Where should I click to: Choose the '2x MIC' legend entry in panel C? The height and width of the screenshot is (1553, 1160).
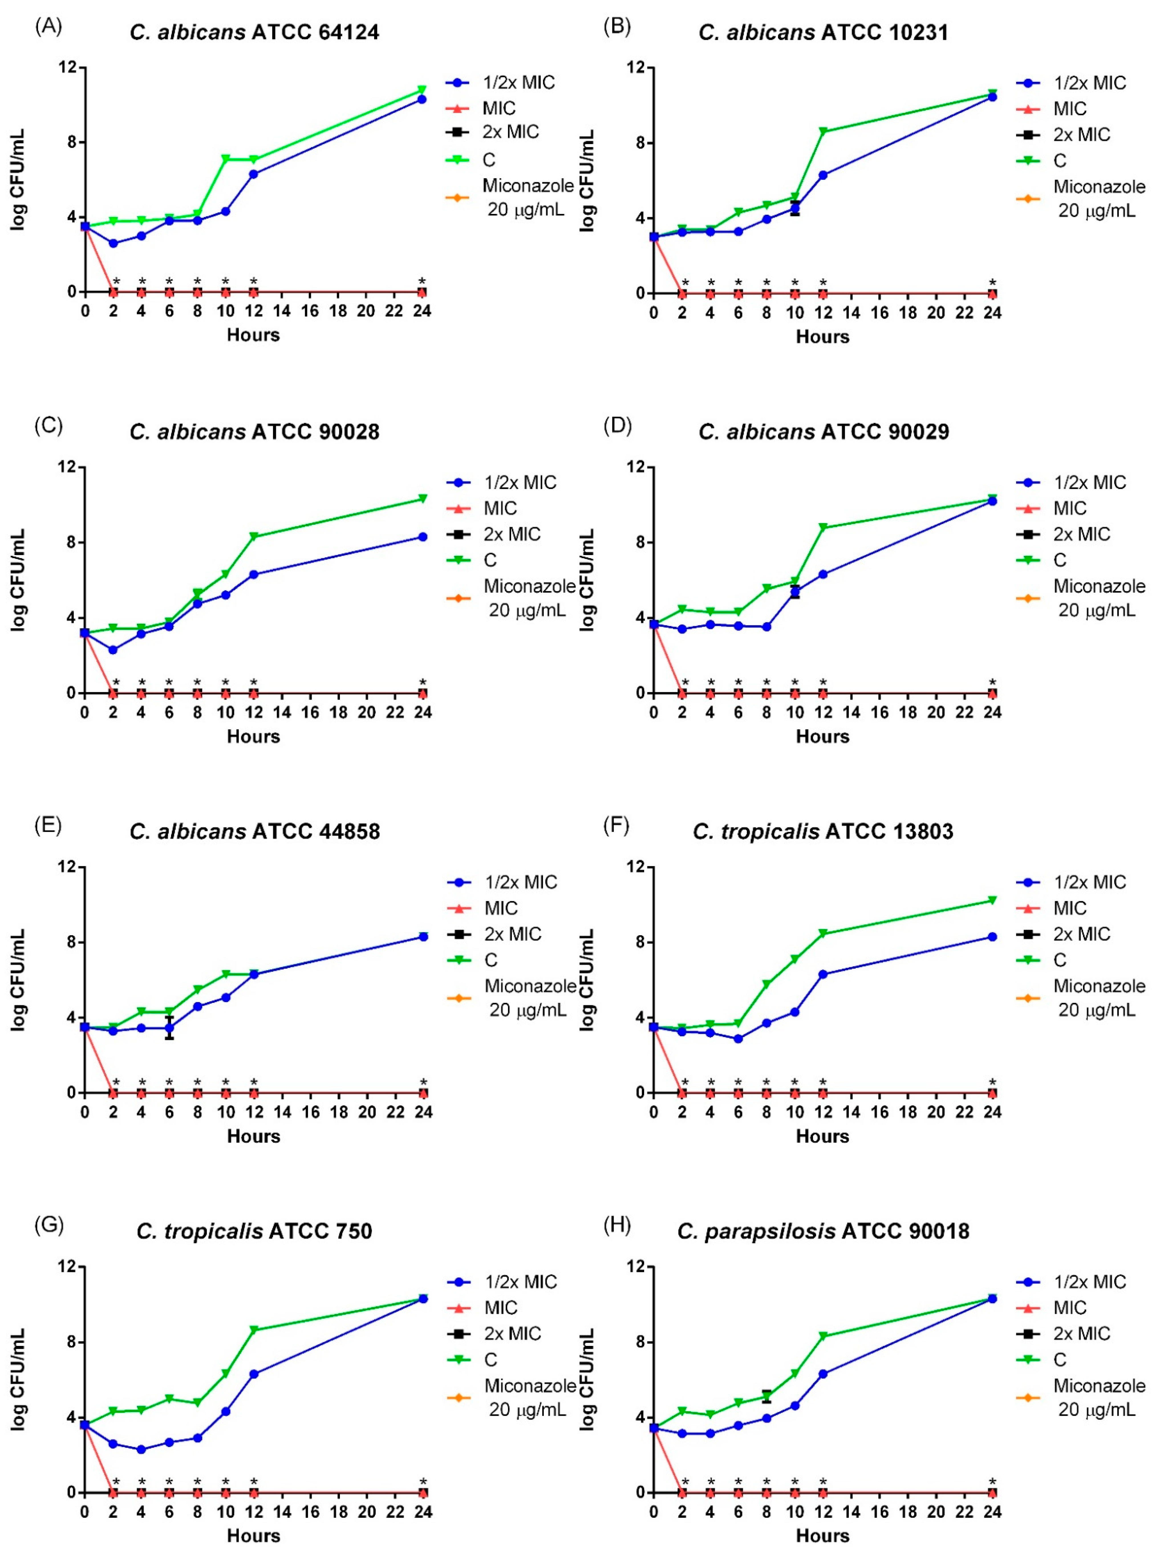coord(512,534)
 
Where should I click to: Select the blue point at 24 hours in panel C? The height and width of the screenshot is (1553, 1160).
coord(423,537)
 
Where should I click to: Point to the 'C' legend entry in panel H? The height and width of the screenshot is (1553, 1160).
coord(1060,1360)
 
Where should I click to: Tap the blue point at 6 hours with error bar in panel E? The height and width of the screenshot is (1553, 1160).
coord(169,1028)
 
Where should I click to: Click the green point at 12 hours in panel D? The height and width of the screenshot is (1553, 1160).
coord(822,527)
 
